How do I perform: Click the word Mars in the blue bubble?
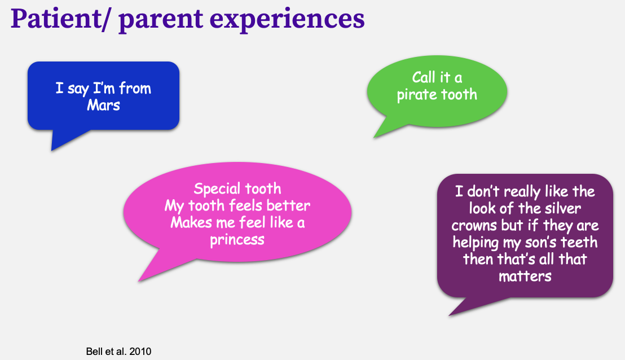104,106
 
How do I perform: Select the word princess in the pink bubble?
237,240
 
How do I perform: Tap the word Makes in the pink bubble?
191,222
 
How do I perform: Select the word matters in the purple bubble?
525,276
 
